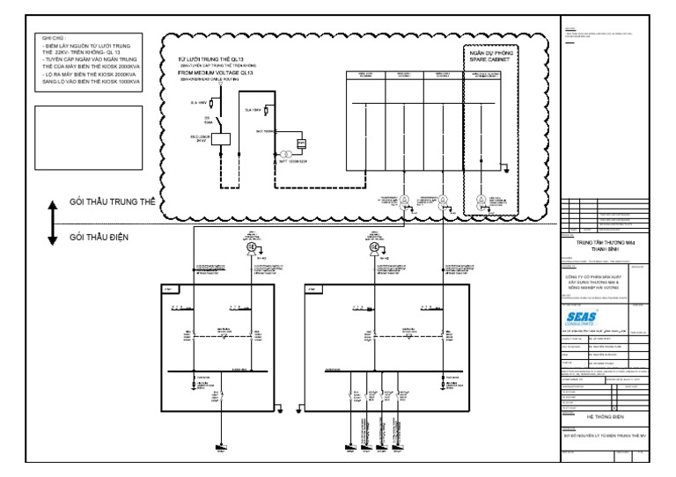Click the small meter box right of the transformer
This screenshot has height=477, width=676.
301,143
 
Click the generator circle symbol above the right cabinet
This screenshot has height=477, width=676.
376,248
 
